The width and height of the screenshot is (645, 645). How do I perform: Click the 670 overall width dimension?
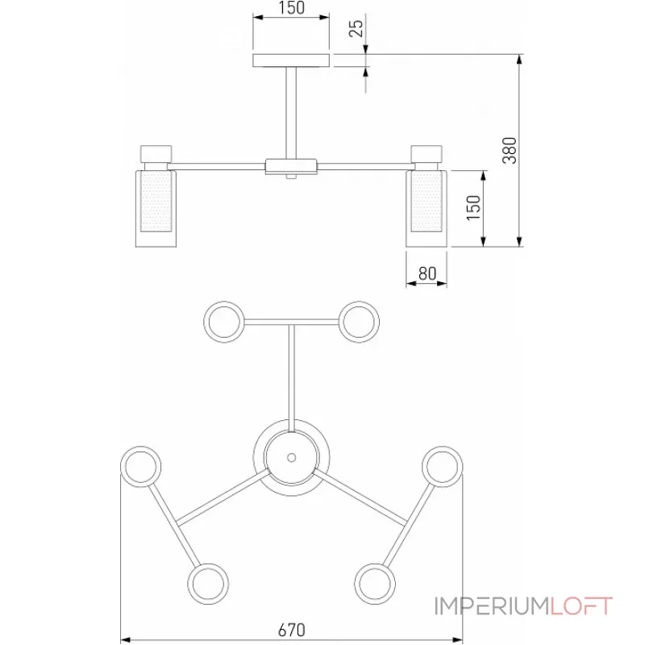292,630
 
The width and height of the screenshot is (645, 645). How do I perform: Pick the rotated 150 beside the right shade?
473,208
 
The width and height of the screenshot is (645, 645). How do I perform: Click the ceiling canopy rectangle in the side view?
291,60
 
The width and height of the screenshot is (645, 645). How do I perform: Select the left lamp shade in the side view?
155,208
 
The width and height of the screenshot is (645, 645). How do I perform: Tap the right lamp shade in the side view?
426,208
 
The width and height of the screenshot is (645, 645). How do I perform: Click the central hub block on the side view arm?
291,167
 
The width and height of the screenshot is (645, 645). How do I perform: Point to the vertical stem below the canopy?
291,112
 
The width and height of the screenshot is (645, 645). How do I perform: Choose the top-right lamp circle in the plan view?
359,321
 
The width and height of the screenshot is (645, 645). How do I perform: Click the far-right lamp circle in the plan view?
443,466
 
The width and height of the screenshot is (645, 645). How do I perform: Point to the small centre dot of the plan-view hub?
291,457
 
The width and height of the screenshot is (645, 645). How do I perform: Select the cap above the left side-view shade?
155,153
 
